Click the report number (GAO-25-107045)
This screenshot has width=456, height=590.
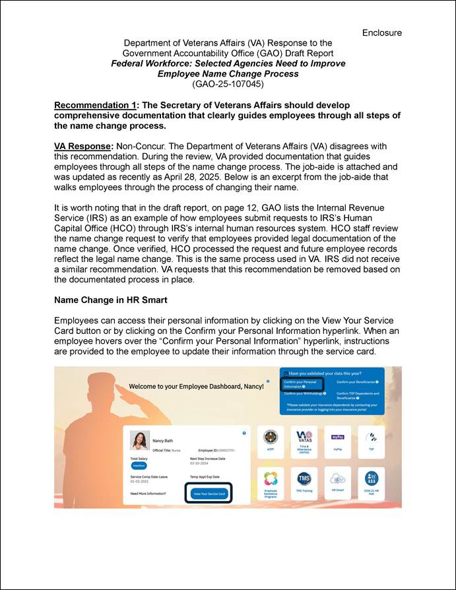228,84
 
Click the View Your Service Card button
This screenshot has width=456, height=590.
208,493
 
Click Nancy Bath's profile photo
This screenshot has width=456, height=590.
139,440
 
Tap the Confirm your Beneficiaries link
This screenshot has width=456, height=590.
357,382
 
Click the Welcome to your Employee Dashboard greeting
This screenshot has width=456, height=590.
196,385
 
